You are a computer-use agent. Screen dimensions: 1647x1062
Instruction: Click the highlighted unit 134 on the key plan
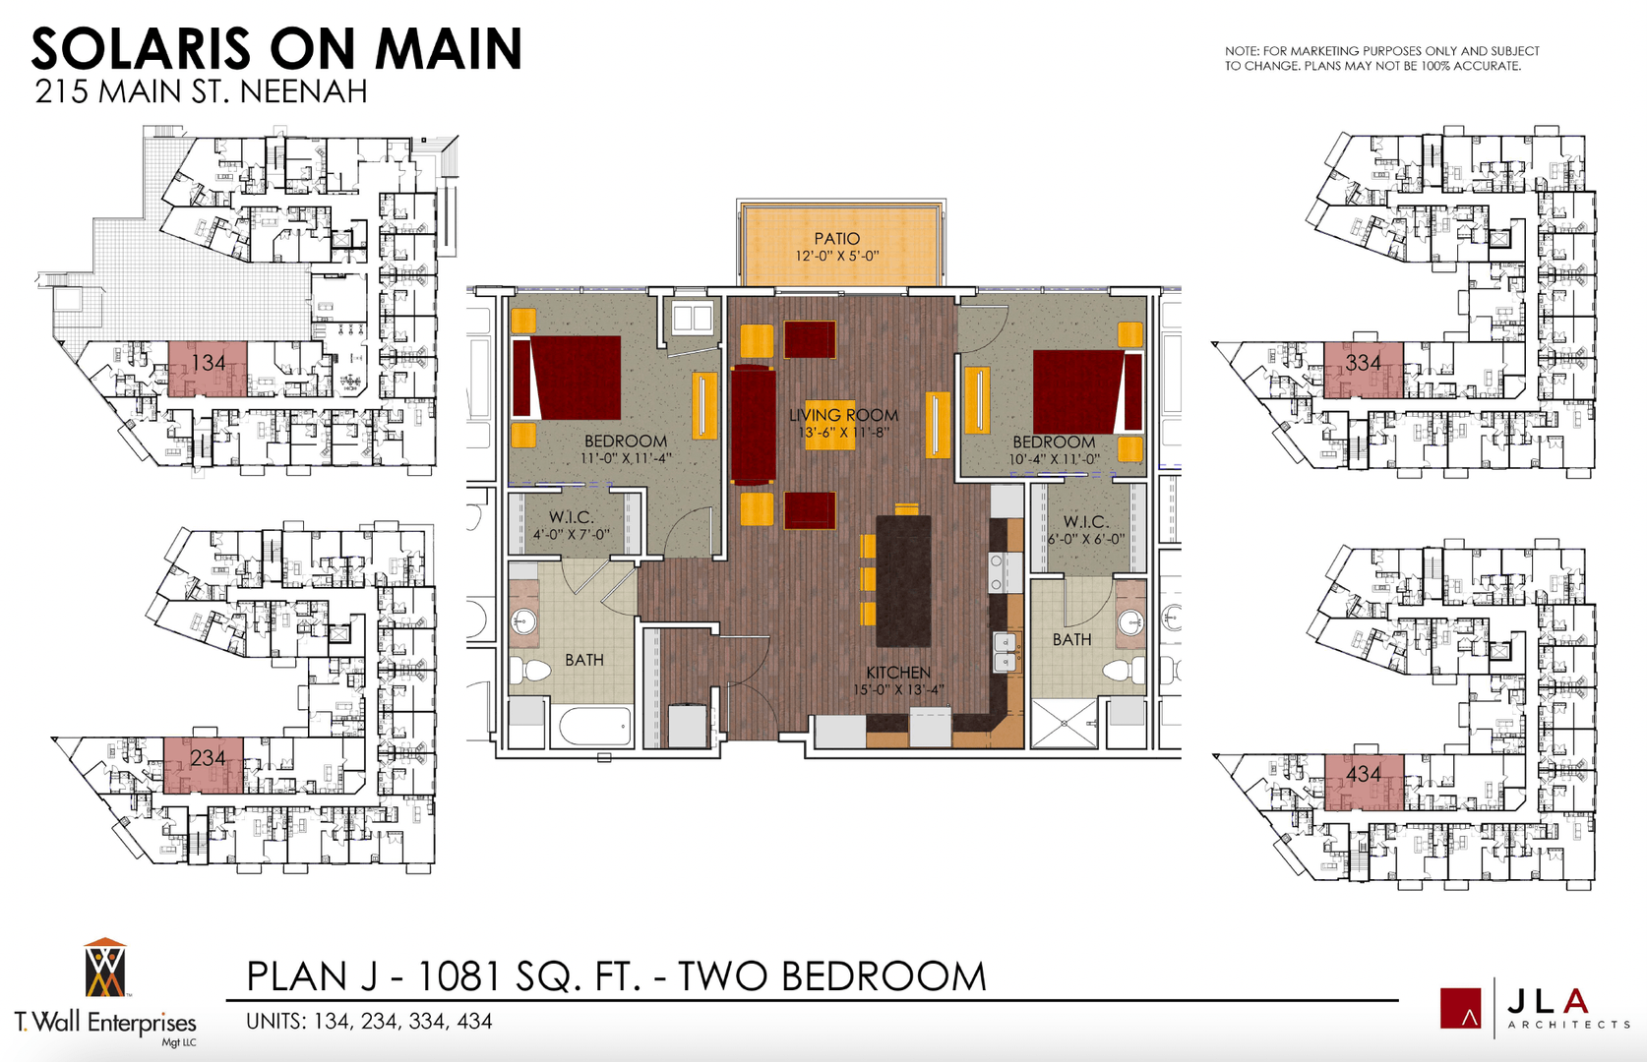click(x=208, y=369)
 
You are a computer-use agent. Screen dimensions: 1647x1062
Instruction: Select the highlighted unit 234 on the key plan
click(x=203, y=765)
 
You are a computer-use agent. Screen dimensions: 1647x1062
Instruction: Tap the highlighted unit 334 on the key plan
click(x=1364, y=370)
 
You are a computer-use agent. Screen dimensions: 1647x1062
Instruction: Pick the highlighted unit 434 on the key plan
click(x=1364, y=782)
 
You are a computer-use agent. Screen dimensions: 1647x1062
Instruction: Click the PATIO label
click(x=836, y=239)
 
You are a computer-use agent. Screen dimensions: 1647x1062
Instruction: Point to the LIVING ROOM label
click(x=843, y=415)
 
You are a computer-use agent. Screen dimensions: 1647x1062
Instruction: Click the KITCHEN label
click(x=897, y=673)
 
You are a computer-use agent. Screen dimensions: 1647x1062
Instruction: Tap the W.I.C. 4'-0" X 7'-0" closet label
click(x=572, y=525)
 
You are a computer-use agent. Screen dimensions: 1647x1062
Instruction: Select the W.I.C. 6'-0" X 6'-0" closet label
click(x=1086, y=530)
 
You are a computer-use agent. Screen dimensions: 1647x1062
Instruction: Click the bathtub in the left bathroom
click(x=595, y=726)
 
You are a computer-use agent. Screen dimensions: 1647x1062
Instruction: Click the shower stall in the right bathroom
click(x=1064, y=723)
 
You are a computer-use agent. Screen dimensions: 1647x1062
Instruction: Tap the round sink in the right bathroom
click(x=1130, y=621)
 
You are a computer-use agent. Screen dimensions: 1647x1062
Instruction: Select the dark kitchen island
click(x=903, y=581)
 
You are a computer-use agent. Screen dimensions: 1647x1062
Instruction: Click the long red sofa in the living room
click(x=753, y=425)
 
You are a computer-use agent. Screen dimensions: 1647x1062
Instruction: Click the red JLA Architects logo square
click(x=1460, y=1008)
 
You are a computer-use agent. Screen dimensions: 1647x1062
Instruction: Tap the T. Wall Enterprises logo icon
click(x=105, y=968)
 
